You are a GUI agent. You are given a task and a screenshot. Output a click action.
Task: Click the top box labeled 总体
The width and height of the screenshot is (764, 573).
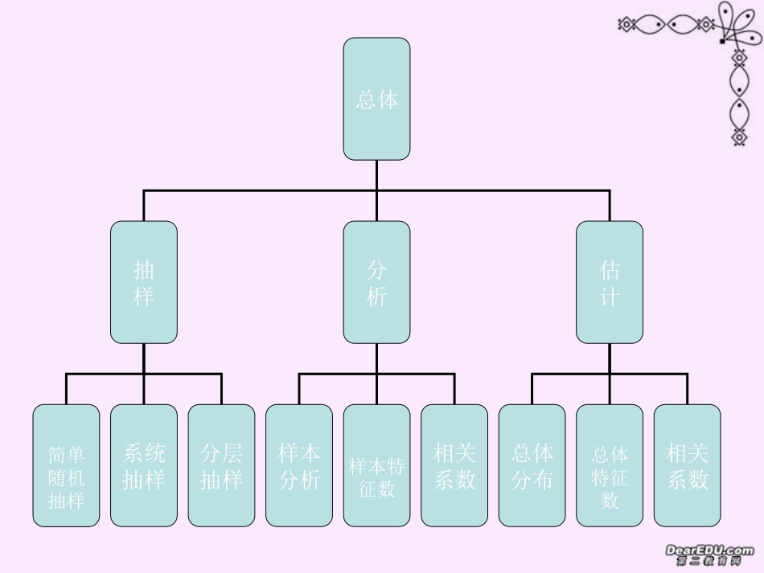376,99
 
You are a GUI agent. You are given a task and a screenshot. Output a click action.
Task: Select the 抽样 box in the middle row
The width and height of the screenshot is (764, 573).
144,282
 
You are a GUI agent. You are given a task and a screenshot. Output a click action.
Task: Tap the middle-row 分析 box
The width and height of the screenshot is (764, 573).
376,282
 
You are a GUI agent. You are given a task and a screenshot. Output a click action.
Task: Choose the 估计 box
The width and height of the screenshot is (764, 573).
610,282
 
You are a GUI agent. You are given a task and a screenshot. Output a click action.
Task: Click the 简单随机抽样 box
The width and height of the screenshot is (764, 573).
66,465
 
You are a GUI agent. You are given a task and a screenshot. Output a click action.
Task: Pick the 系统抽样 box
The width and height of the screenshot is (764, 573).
144,465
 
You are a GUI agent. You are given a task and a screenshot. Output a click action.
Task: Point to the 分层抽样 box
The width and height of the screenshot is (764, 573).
221,465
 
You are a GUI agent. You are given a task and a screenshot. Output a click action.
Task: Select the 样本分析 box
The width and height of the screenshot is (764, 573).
299,465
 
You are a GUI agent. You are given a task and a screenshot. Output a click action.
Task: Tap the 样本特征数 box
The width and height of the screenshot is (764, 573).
376,465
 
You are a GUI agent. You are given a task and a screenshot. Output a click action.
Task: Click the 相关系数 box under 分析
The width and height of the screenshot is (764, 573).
454,465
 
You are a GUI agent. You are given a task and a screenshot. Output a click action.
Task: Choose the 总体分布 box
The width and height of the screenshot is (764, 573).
532,465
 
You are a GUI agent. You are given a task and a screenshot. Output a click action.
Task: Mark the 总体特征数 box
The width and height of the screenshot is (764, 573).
610,465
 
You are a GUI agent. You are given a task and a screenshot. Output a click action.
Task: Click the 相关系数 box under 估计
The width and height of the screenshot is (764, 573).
688,465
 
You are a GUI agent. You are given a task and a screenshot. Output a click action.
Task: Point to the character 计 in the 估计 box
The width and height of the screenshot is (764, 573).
610,297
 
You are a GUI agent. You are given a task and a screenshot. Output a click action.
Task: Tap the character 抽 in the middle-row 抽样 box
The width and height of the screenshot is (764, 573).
144,269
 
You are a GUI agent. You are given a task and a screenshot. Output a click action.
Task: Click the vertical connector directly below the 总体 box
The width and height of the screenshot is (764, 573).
376,175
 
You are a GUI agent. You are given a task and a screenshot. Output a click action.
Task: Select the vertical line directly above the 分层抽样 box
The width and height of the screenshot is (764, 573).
221,390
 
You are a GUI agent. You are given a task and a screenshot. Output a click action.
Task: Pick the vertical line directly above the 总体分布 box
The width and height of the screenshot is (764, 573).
532,390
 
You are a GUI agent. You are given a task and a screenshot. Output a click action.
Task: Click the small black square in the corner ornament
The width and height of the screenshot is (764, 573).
722,40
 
